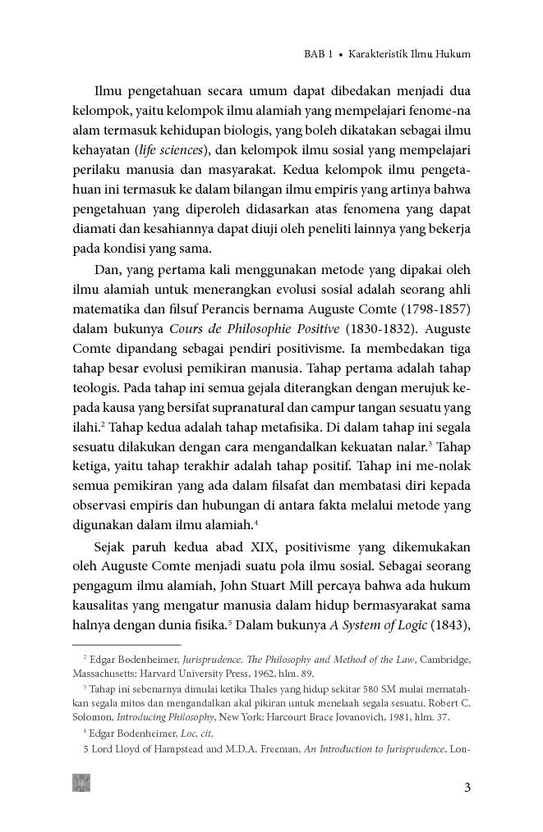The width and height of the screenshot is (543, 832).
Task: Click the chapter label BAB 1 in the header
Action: [x=311, y=55]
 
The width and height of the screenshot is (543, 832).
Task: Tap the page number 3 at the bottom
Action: [x=467, y=789]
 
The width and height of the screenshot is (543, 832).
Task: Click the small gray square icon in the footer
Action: [x=81, y=783]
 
